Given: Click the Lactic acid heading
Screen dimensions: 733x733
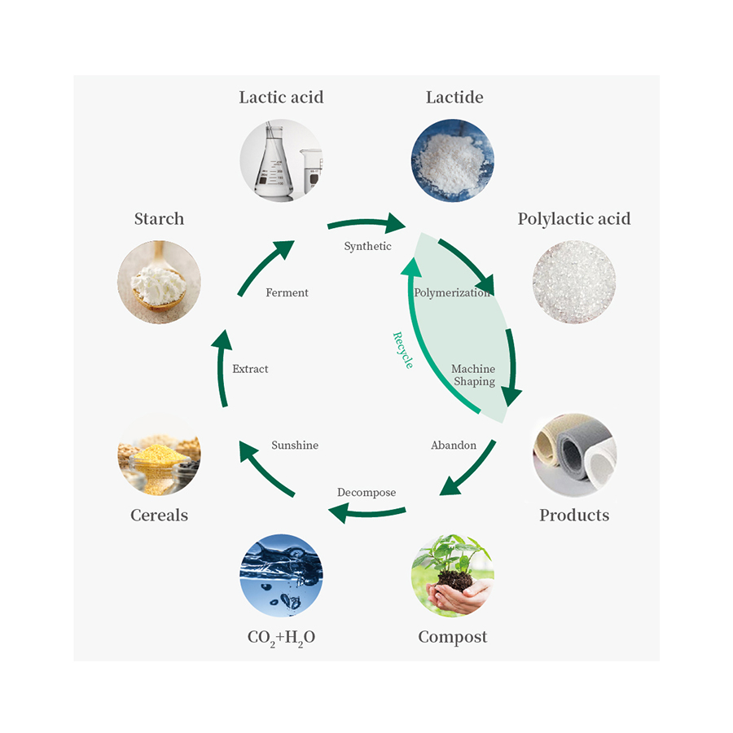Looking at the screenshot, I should coord(281,98).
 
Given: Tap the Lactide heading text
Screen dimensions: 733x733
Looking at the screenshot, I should coord(454,98).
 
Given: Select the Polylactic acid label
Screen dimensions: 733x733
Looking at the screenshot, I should coord(574,219).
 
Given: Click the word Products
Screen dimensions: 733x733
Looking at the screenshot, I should coord(574,516).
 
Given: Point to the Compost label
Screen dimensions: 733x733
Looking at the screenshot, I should coord(453,637).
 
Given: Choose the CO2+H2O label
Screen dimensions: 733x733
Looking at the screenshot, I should coord(281,638).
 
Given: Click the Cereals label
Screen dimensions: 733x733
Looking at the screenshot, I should coord(159,516).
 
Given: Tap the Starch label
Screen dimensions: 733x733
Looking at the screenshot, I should coord(159,219).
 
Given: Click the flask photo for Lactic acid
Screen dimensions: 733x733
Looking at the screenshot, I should coord(281,160).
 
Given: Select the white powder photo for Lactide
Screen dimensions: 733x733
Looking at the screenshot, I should coord(453,160).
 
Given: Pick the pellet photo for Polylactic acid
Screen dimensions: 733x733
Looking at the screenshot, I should coord(574,282).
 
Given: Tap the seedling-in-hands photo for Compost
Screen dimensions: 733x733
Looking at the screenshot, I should coord(453,575).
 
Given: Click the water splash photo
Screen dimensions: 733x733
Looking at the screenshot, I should coord(281,575).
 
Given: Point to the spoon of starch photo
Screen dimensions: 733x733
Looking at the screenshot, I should coord(159,282).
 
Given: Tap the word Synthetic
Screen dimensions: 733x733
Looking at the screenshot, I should coord(367,246).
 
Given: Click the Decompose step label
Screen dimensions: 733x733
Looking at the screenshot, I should coord(366,493).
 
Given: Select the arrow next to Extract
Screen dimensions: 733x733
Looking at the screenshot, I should coord(222,366).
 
